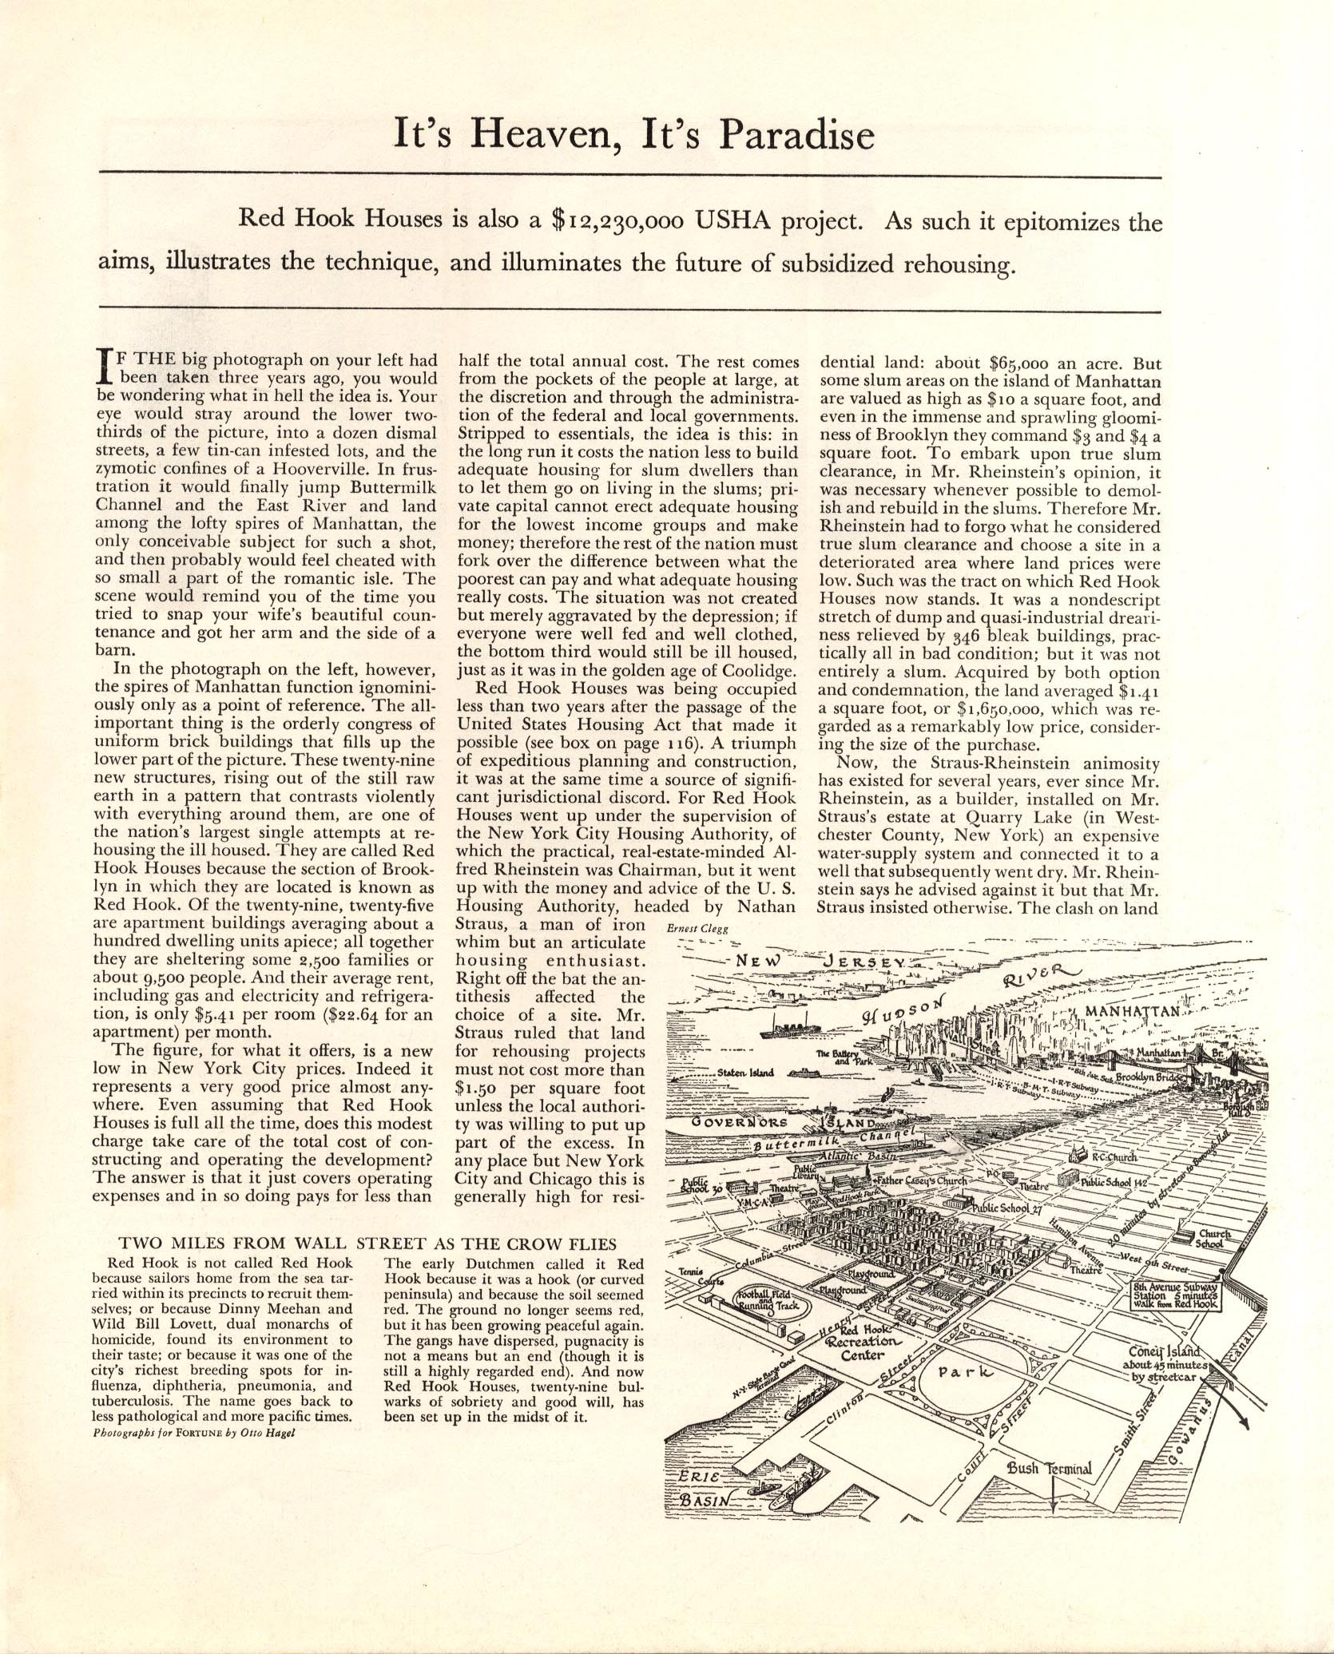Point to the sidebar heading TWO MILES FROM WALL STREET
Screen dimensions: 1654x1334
(x=367, y=1266)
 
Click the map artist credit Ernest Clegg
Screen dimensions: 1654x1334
(x=693, y=928)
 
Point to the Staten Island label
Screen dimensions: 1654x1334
(x=744, y=1072)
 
